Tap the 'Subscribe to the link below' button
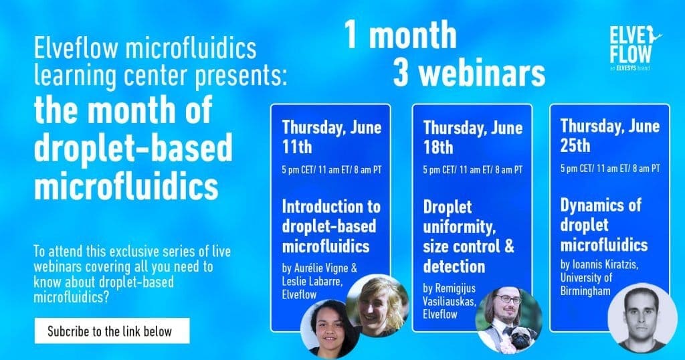[112, 331]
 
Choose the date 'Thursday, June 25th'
[609, 135]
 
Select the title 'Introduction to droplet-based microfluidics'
[330, 226]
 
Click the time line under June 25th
[609, 169]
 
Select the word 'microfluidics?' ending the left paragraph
[72, 295]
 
